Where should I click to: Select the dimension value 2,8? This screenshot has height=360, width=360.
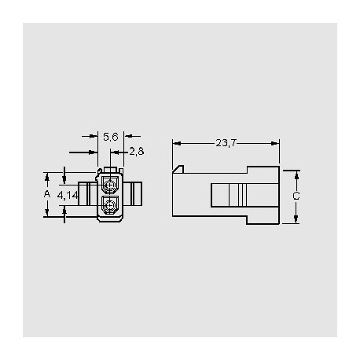[x=135, y=152]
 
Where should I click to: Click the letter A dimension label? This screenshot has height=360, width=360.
[x=47, y=193]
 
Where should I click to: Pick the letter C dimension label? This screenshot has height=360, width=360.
[x=296, y=196]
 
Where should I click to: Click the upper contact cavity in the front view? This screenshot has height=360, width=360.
[x=110, y=187]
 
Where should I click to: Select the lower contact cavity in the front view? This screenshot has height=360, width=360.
[x=110, y=208]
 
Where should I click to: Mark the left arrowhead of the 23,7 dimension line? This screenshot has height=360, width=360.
[x=174, y=143]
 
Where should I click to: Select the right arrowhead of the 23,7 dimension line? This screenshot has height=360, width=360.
[x=277, y=143]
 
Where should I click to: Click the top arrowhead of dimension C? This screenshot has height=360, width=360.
[x=296, y=171]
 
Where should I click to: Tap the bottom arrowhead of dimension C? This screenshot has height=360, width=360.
[x=296, y=221]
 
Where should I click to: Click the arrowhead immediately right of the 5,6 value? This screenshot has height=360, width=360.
[x=127, y=136]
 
